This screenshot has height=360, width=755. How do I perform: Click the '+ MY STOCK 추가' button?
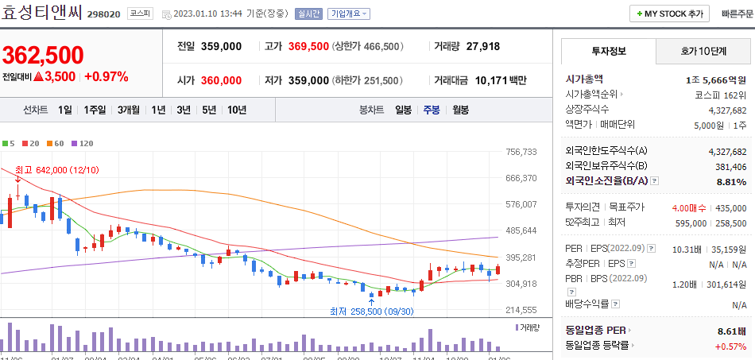tap(669, 14)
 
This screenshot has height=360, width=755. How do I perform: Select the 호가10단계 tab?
tap(703, 51)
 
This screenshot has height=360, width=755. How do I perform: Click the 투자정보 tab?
tap(609, 51)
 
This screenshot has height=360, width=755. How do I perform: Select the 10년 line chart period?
tap(236, 110)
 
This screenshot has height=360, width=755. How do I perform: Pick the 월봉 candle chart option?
tap(460, 110)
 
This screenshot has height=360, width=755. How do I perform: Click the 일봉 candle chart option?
tap(403, 110)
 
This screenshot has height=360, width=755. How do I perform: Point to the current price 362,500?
tap(43, 55)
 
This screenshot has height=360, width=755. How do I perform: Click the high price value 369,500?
tap(308, 46)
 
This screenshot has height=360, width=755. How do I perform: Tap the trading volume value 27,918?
tap(483, 46)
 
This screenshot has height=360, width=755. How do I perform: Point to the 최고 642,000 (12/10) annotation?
tap(57, 169)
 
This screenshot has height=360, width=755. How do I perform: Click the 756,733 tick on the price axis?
tap(522, 152)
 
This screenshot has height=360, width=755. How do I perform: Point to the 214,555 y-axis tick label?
tap(522, 310)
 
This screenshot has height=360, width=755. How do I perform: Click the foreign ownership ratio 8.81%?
tap(730, 181)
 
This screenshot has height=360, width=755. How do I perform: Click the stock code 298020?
tap(103, 14)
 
